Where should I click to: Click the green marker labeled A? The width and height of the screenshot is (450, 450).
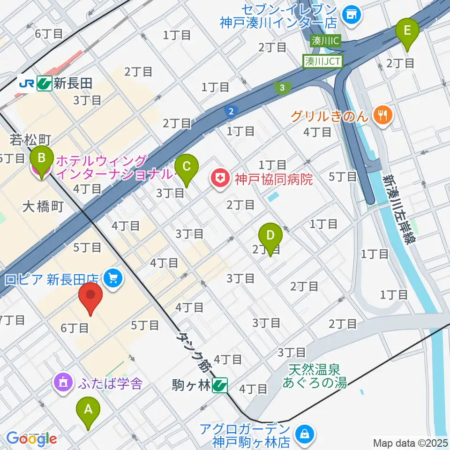click(88, 411)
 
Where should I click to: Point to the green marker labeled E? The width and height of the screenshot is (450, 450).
click(407, 32)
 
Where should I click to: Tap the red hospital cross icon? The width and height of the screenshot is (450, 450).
click(218, 178)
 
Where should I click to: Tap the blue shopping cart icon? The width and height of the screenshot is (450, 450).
click(112, 279)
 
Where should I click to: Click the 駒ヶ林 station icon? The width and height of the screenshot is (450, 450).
click(219, 385)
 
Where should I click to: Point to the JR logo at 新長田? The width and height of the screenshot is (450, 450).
click(26, 83)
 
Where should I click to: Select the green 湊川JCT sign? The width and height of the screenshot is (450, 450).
click(324, 60)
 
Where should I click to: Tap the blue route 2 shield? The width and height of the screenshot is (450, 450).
click(231, 112)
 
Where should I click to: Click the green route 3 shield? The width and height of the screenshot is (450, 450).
click(282, 88)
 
